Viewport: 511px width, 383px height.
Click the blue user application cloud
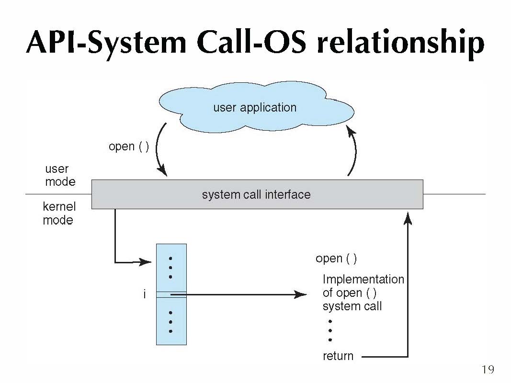[256, 107]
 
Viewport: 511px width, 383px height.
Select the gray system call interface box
[257, 194]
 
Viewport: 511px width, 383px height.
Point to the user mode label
[60, 175]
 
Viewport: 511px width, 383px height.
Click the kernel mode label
[59, 214]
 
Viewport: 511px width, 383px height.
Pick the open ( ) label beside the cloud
[129, 146]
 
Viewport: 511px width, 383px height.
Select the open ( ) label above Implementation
[336, 259]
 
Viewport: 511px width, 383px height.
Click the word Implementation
[363, 279]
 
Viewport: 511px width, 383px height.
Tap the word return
[338, 356]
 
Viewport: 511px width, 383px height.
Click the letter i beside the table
[144, 294]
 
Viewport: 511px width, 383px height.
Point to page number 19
[488, 370]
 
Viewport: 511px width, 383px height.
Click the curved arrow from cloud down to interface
[157, 148]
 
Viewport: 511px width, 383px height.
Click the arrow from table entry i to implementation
[238, 295]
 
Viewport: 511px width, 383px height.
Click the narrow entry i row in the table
[171, 295]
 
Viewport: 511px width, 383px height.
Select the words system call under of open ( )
[352, 306]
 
